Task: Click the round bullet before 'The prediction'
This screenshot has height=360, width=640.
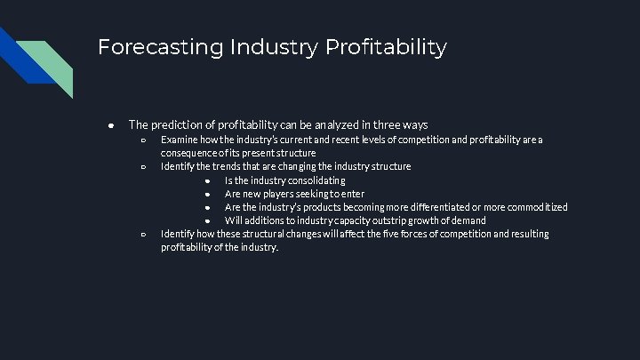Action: [109, 124]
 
